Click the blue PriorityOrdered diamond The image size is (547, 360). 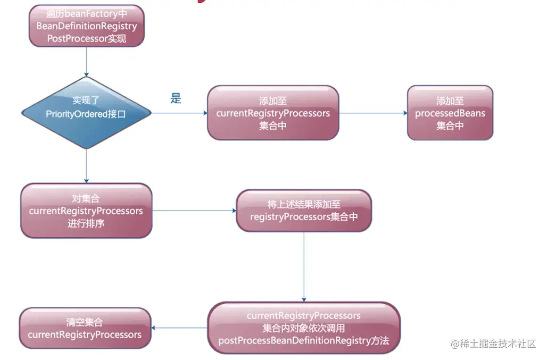[87, 113]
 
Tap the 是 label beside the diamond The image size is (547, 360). [176, 98]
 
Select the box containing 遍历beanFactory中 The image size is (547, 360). [87, 26]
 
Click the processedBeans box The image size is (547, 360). [450, 113]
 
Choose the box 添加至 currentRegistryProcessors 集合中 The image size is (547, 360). [273, 113]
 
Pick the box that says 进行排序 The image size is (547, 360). [86, 211]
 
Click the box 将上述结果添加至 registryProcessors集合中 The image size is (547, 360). [304, 211]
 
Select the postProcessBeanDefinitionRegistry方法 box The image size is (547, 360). [304, 328]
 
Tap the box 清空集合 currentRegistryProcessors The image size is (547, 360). [85, 328]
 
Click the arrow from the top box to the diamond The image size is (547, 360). [87, 62]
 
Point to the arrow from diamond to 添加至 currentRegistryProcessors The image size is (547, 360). [179, 113]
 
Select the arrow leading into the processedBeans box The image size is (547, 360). [374, 113]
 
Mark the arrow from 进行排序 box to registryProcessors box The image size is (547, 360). [194, 211]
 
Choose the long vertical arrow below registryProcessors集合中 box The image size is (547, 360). [304, 267]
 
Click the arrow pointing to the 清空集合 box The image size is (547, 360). [179, 328]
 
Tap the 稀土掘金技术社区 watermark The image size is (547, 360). [493, 344]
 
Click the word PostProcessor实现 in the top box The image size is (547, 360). [87, 38]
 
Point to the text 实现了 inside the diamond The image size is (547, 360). [86, 101]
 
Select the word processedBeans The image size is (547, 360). [450, 113]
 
